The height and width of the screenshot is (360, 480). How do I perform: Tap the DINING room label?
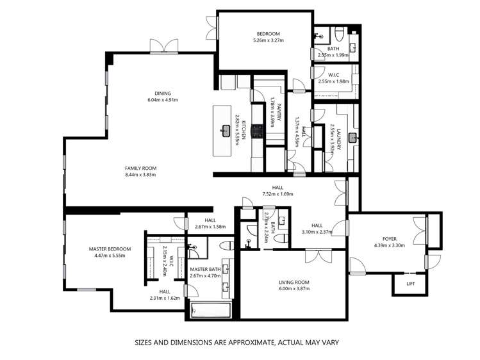162,94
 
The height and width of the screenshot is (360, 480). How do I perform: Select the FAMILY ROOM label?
140,168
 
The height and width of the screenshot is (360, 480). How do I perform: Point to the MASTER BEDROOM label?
110,249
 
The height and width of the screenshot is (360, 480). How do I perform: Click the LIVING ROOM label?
294,282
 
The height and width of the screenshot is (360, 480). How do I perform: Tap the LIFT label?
411,283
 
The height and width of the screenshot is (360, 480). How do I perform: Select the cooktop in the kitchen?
258,131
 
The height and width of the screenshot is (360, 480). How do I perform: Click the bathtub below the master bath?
211,311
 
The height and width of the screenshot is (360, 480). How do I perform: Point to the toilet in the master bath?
226,246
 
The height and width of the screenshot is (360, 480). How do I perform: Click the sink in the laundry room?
352,136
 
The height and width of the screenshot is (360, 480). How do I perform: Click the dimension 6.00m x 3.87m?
294,289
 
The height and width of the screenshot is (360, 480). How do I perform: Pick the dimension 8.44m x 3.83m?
140,174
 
